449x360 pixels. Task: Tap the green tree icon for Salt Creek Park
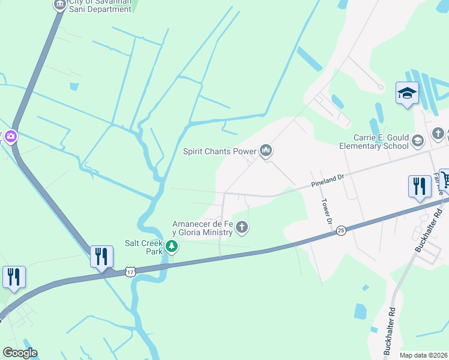[x=172, y=246]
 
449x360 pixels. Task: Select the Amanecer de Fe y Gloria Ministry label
[x=202, y=227]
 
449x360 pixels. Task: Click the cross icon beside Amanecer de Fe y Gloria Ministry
[x=242, y=227]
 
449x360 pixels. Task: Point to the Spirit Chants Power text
[x=220, y=151]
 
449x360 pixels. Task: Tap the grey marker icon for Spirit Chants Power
[x=266, y=151]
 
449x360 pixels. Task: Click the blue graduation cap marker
[x=407, y=94]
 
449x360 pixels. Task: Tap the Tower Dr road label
[x=327, y=211]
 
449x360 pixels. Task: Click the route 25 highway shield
[x=341, y=230]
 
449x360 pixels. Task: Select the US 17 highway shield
[x=130, y=272]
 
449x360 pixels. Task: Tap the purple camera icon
[x=10, y=137]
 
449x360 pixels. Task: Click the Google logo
[x=20, y=352]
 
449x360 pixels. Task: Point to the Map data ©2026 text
[x=423, y=355]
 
